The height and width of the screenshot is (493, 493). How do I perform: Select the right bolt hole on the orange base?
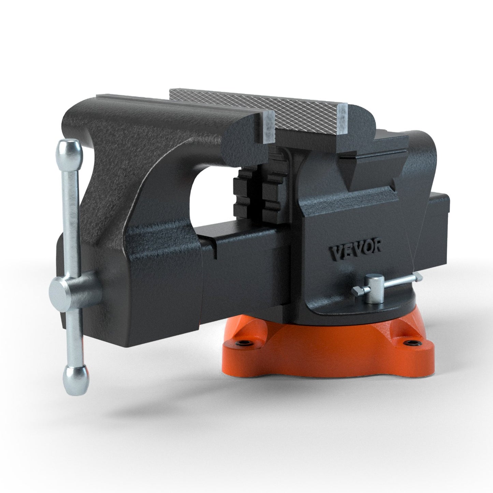pos(409,342)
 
